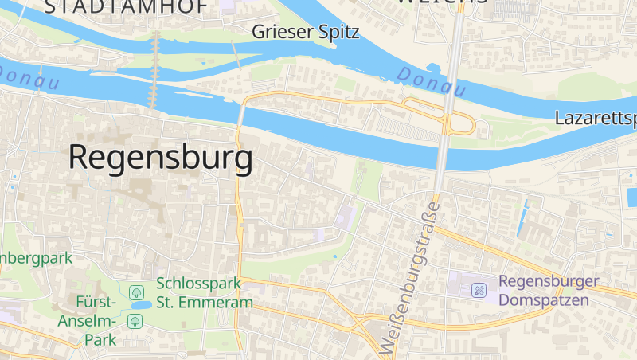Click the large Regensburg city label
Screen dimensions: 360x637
[161, 158]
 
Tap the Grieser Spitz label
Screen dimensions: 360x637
[306, 33]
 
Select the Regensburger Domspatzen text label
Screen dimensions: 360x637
[549, 291]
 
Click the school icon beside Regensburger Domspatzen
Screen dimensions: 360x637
[479, 290]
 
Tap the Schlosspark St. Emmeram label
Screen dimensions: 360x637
[205, 292]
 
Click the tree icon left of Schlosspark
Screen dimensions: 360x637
[136, 292]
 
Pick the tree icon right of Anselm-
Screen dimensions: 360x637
[135, 320]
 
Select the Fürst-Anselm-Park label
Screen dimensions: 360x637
[87, 320]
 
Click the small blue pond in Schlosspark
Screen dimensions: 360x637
[141, 305]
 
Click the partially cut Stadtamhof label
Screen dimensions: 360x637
[127, 6]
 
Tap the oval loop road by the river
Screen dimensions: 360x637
[459, 123]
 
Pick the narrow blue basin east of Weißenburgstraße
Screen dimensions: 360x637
[523, 217]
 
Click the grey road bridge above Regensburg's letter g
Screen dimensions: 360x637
[240, 115]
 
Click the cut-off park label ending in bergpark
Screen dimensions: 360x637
[36, 258]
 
